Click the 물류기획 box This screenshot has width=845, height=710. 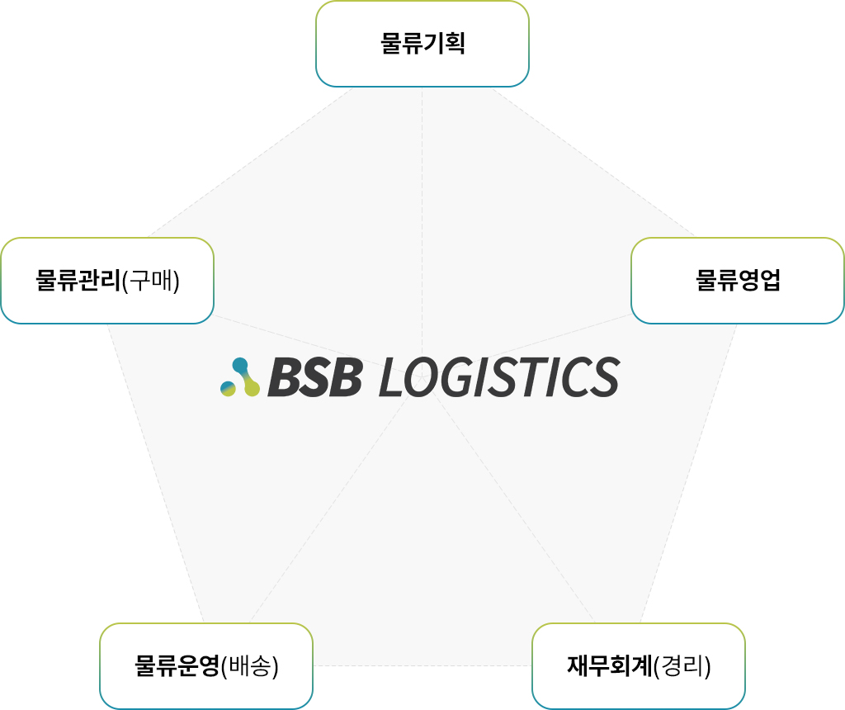[x=422, y=44]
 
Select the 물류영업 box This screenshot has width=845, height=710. [x=737, y=281]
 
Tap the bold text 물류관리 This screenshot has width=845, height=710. [x=78, y=281]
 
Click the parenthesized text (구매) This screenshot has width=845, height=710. [x=150, y=281]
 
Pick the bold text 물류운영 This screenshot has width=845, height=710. [x=177, y=665]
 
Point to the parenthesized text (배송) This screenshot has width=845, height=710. [x=250, y=665]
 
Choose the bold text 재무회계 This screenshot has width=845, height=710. [x=609, y=665]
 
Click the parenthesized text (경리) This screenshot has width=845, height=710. [x=682, y=665]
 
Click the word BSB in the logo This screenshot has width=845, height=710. [x=314, y=377]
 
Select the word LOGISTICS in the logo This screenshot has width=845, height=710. [x=498, y=377]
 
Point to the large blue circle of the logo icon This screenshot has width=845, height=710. [x=240, y=365]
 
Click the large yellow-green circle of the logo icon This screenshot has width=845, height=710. [x=252, y=388]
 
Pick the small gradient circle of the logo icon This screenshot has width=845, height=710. [x=228, y=388]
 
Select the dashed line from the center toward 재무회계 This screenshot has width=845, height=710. [x=512, y=504]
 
